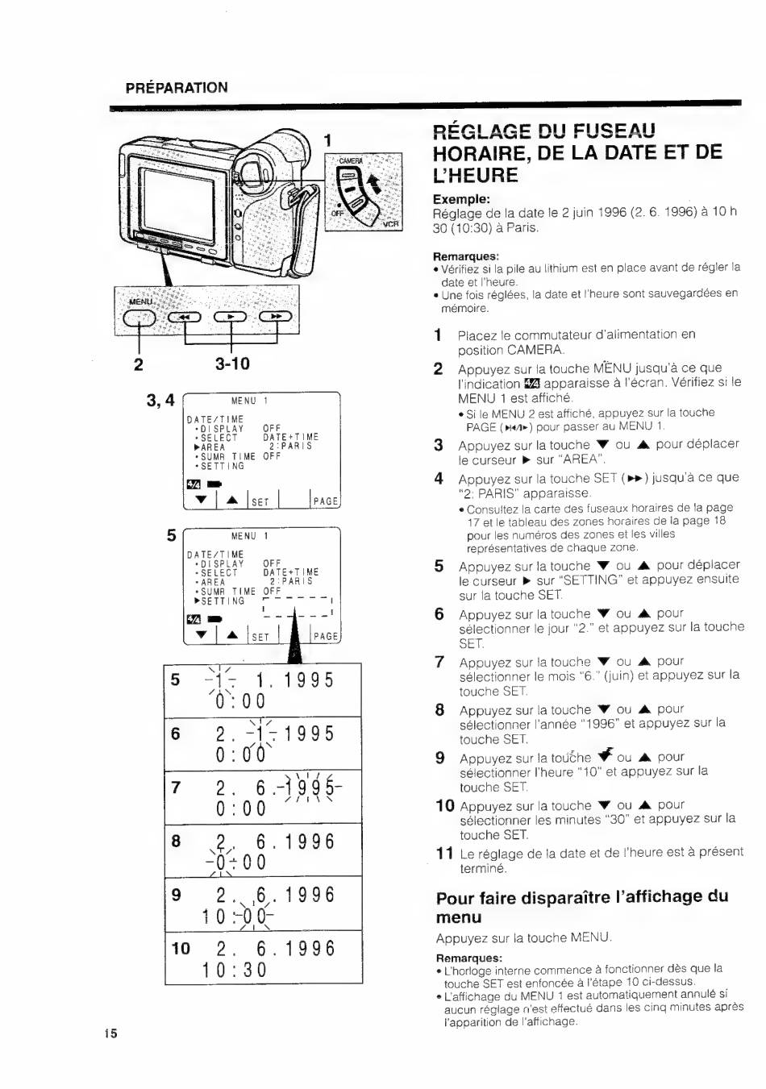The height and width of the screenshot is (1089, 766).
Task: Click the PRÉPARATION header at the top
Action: coord(177,88)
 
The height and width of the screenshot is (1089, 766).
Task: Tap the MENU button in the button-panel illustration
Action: coord(139,318)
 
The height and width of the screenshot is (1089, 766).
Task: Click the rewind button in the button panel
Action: coord(185,317)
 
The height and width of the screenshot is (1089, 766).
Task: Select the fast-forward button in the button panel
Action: coord(276,317)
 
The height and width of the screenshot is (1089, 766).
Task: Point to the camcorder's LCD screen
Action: coord(177,206)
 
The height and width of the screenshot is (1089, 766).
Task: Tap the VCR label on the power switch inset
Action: coord(391,224)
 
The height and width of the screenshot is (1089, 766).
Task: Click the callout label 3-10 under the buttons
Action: coord(232,364)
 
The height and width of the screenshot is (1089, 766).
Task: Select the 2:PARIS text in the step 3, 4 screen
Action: coord(291,446)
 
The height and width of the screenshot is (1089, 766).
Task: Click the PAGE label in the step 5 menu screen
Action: coord(326,636)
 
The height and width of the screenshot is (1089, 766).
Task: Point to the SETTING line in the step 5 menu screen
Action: coord(219,601)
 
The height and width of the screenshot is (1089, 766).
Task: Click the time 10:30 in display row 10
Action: coord(235,970)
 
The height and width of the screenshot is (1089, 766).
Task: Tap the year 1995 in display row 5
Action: coord(309,680)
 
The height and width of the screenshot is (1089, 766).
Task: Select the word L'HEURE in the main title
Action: coord(475,175)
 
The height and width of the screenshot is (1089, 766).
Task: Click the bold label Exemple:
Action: coord(461,199)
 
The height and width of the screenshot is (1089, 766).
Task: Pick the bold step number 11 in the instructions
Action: coord(444,853)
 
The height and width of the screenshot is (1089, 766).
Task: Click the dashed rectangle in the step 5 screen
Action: coord(298,607)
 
